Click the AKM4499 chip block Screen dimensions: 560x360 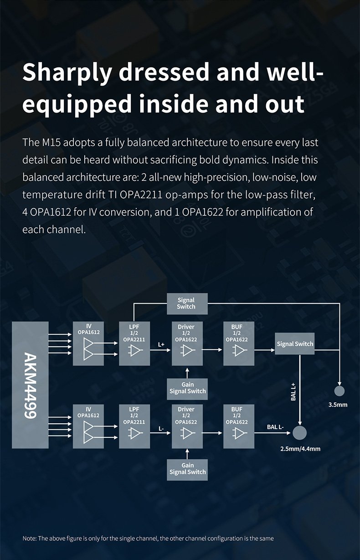click(30, 384)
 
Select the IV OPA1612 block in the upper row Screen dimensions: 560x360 click(88, 343)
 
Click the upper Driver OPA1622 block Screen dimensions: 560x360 click(186, 343)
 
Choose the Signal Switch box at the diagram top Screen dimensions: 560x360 click(186, 303)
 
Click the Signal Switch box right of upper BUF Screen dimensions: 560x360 click(295, 344)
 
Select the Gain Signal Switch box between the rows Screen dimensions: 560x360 click(187, 388)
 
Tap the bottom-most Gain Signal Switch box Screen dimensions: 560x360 click(187, 469)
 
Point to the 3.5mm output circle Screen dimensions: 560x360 click(339, 391)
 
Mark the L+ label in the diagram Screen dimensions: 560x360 click(161, 345)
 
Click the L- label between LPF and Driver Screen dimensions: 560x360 click(161, 429)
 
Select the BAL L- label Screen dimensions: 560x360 click(275, 427)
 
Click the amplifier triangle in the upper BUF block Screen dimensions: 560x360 click(238, 350)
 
